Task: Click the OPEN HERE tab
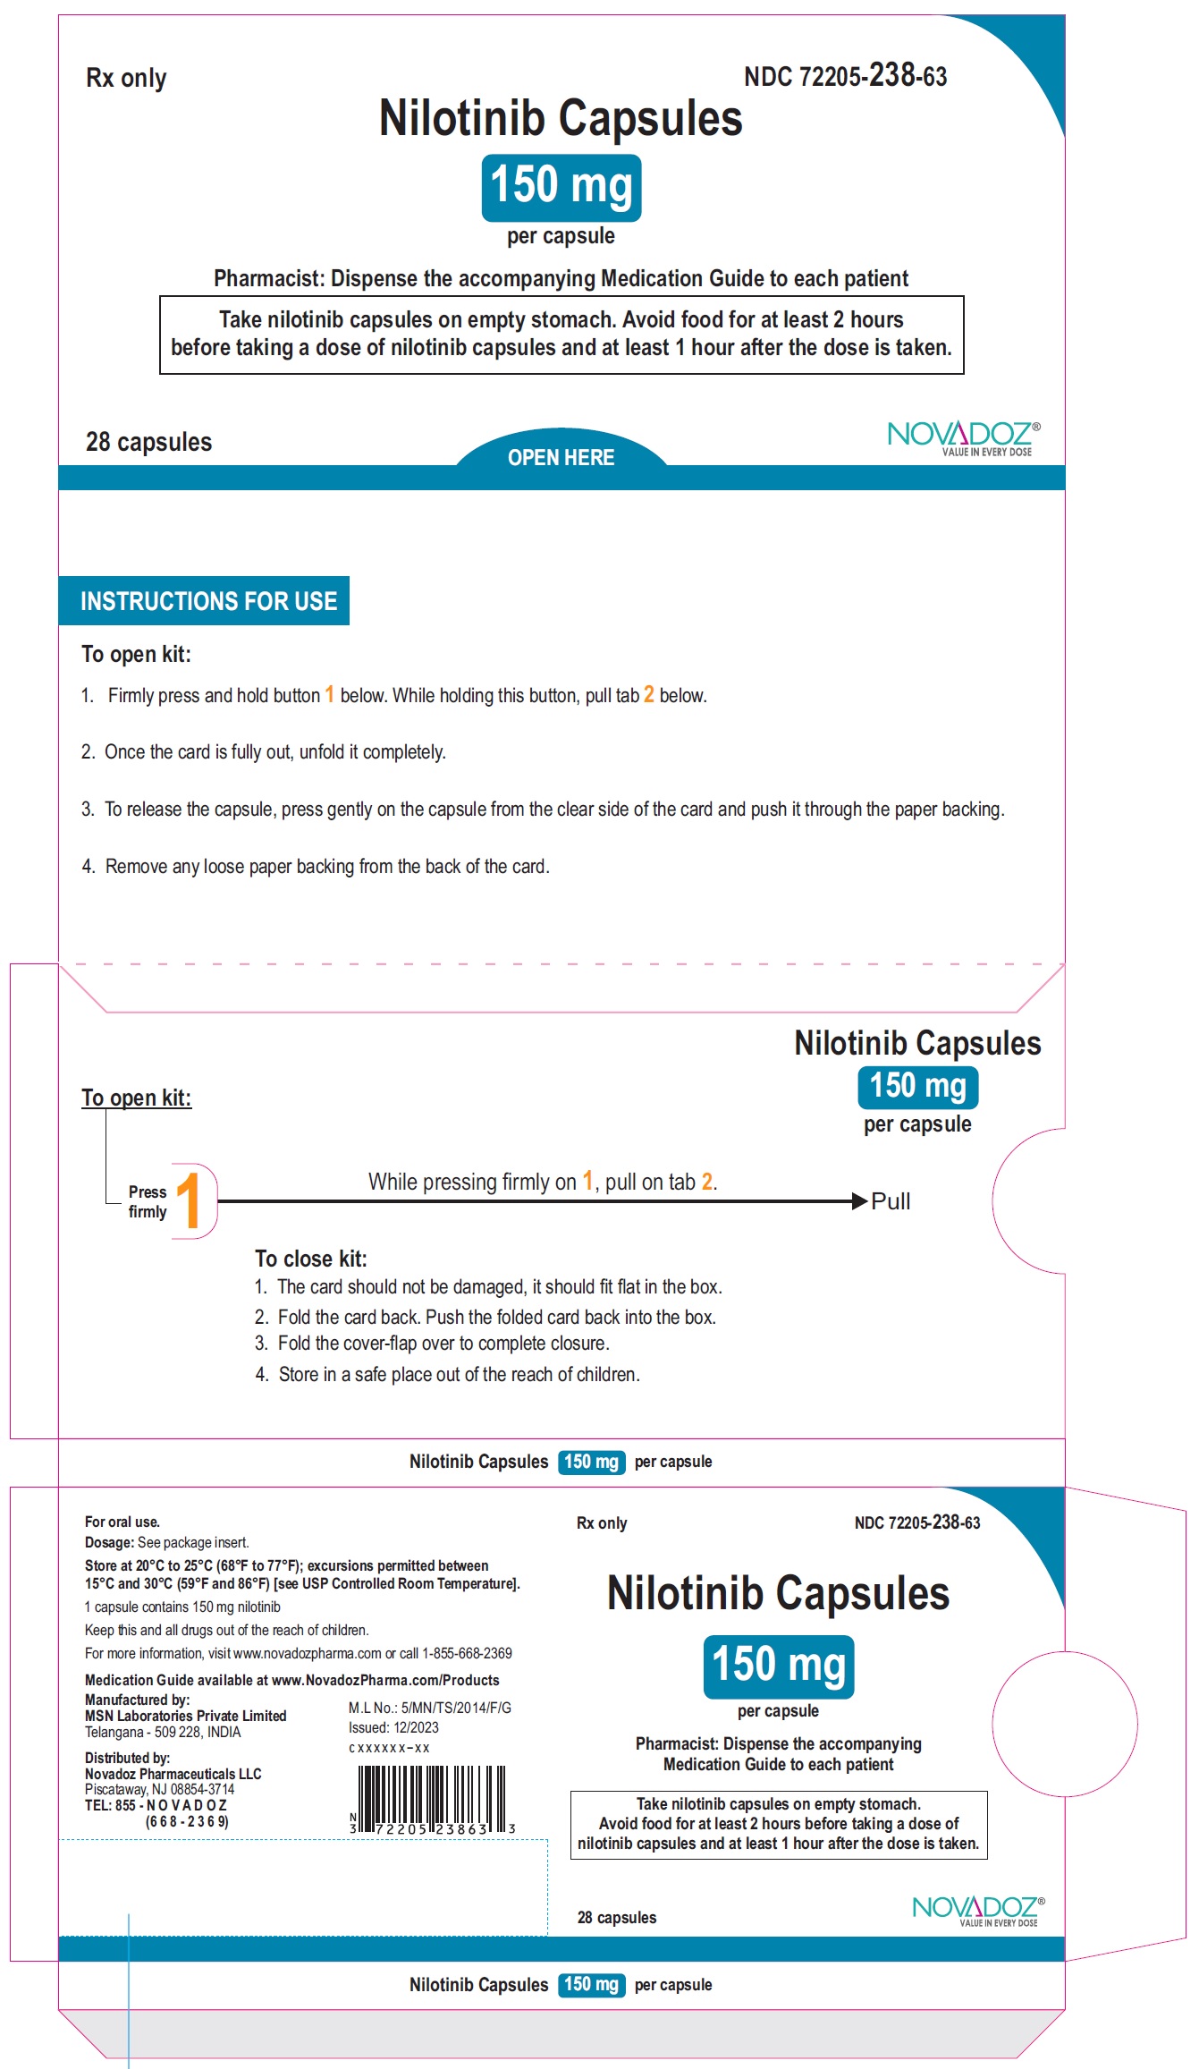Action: click(561, 457)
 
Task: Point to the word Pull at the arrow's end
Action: click(891, 1201)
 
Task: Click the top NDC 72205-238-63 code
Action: click(845, 76)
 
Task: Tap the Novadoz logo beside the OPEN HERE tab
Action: click(963, 437)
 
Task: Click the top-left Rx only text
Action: click(126, 79)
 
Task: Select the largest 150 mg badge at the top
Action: click(562, 186)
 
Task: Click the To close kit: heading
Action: click(310, 1259)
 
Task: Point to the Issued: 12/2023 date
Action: click(393, 1727)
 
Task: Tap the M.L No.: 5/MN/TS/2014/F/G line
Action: click(429, 1708)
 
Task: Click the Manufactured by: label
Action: click(137, 1700)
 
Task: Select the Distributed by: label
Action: click(127, 1758)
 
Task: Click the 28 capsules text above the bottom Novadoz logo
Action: click(617, 1917)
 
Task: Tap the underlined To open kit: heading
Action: click(136, 1098)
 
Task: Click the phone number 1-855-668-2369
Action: click(467, 1653)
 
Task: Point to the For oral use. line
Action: click(122, 1522)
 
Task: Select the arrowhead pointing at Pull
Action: click(859, 1200)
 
